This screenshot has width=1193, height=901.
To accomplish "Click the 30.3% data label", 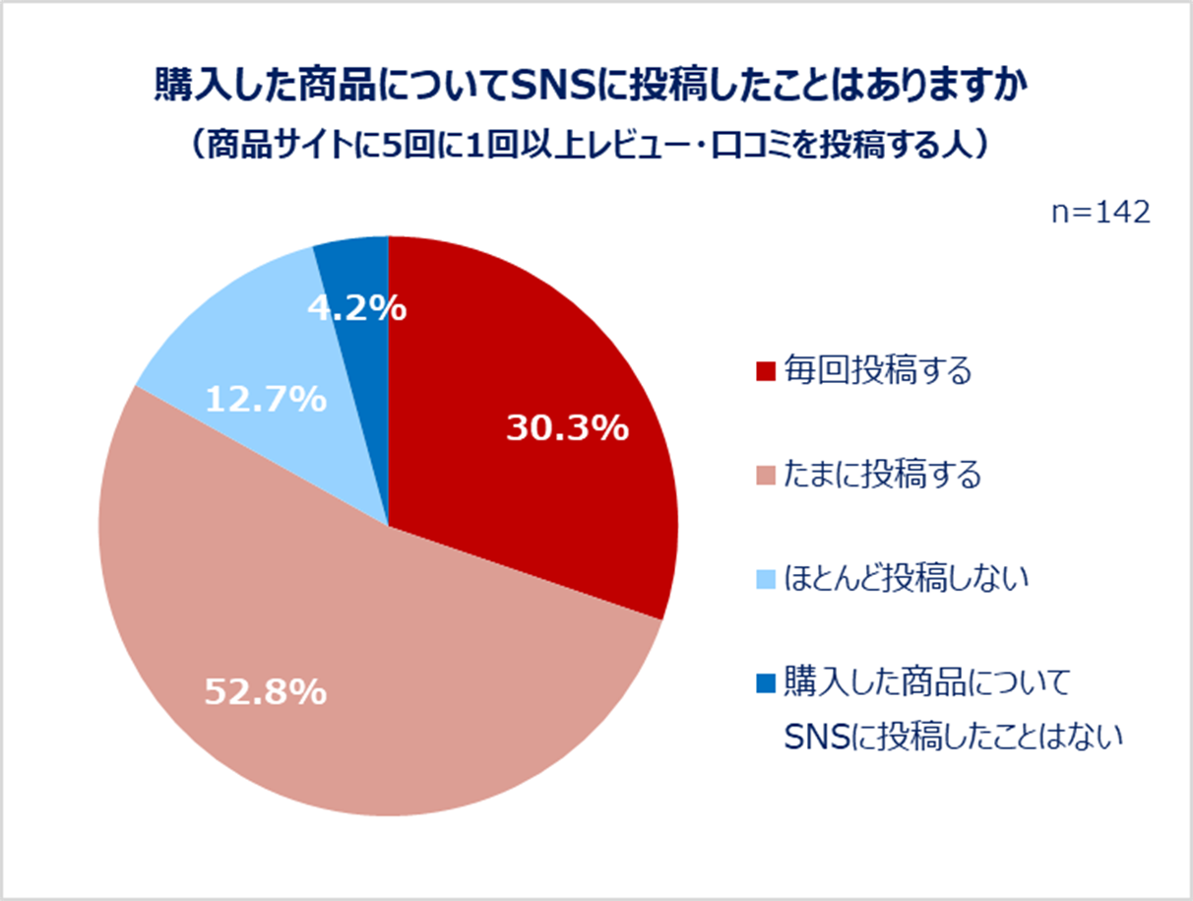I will (x=567, y=428).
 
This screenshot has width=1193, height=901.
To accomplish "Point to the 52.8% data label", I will (x=265, y=691).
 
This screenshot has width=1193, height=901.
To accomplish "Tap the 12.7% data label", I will (x=266, y=400).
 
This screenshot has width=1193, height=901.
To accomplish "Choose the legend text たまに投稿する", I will (x=883, y=476).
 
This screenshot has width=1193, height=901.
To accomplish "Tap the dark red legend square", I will (x=767, y=372).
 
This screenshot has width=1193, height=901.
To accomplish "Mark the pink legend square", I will (x=767, y=477).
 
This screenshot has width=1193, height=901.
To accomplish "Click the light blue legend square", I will (x=767, y=579).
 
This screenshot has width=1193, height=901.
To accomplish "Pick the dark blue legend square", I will (x=767, y=681).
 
